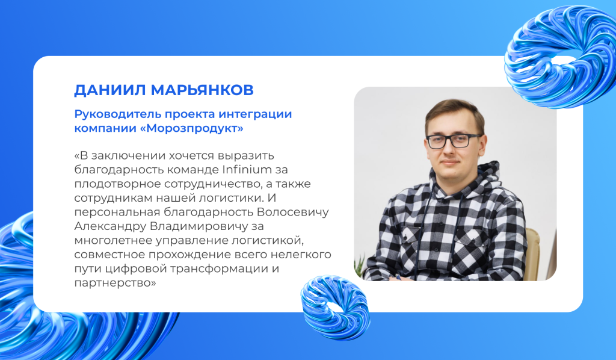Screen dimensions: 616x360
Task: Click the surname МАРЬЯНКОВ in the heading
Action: tap(202, 90)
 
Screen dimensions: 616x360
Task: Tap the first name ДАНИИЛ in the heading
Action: tap(111, 90)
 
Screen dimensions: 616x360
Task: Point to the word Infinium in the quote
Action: tap(247, 170)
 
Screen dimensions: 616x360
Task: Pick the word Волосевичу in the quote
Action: tap(293, 213)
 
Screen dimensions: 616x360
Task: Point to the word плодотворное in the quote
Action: tap(117, 184)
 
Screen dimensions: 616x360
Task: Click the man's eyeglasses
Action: tap(454, 141)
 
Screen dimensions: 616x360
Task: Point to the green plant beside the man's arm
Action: tap(359, 267)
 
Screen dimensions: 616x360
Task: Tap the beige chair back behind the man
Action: tap(532, 254)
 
